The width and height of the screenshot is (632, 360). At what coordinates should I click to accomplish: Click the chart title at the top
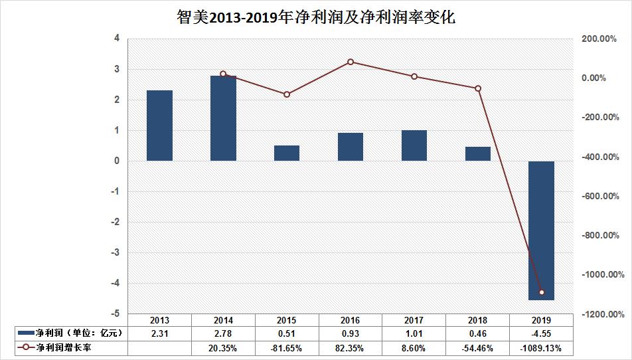click(x=315, y=17)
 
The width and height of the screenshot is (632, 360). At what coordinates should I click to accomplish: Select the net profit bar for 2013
click(x=159, y=126)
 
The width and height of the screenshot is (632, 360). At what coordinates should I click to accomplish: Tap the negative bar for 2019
click(x=541, y=230)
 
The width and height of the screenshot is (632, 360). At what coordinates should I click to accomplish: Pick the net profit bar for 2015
click(x=287, y=153)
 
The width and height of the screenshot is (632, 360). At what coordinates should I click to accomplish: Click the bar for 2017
click(x=414, y=145)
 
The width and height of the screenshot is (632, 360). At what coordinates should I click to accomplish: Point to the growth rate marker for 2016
click(x=351, y=62)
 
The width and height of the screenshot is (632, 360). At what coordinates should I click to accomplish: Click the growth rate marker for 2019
click(x=542, y=292)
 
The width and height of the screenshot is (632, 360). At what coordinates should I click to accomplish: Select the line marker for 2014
click(x=223, y=74)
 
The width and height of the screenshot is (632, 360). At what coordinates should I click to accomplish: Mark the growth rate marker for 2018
click(x=478, y=88)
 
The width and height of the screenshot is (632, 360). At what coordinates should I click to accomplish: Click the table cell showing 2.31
click(x=159, y=332)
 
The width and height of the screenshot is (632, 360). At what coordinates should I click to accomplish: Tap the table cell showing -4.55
click(x=542, y=332)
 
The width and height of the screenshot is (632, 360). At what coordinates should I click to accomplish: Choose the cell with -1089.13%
click(x=542, y=347)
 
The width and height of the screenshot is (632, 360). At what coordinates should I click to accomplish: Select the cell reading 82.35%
click(x=351, y=347)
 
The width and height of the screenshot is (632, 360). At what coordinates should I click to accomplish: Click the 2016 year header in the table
click(x=351, y=319)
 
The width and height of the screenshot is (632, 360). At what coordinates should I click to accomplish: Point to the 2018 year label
click(x=478, y=319)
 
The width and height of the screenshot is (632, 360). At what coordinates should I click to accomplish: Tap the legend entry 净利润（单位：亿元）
click(x=70, y=332)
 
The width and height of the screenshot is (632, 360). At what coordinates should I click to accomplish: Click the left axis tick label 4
click(x=117, y=39)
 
